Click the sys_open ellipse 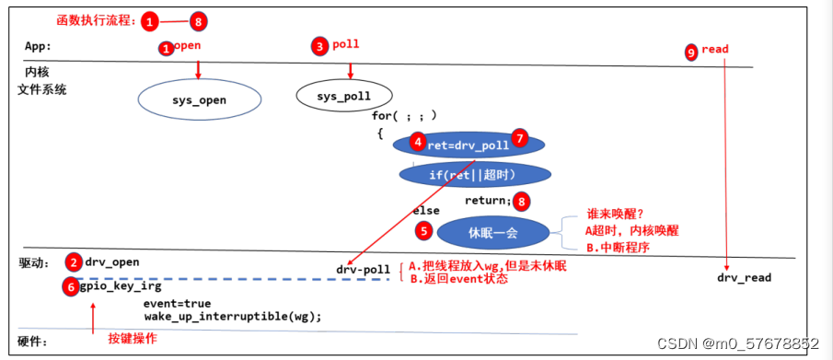coord(199,99)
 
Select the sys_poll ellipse coord(344,94)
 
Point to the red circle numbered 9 coord(691,53)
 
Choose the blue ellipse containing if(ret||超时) coord(474,174)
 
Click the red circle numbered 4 coord(418,143)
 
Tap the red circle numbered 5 coord(423,230)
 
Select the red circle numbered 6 coord(70,287)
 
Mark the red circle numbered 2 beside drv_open coord(75,261)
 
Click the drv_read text coord(744,277)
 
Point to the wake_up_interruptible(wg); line coord(232,316)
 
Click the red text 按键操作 coord(133,339)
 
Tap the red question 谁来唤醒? coord(613,212)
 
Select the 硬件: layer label coord(34,342)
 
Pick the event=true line coord(177,303)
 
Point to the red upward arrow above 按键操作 coord(93,316)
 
